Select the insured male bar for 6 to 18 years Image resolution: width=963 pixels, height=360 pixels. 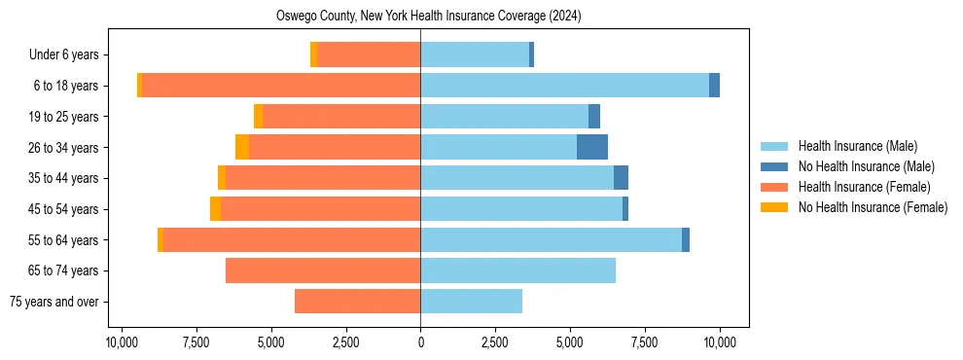(x=564, y=86)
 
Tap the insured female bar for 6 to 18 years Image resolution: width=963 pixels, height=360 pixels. (x=281, y=86)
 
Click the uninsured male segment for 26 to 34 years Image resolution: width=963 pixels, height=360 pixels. (x=592, y=147)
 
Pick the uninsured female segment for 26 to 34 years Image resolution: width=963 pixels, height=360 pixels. (x=242, y=147)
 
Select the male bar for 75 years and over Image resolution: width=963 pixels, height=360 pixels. (x=471, y=302)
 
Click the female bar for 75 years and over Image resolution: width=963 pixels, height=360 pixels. (x=357, y=302)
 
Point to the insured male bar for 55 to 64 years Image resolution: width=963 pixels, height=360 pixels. (x=551, y=239)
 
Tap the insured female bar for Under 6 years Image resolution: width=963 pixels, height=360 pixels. (x=369, y=54)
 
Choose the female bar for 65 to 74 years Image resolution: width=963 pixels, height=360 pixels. (x=323, y=270)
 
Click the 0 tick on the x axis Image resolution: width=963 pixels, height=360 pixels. (x=420, y=342)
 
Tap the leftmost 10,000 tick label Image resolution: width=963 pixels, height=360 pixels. (x=122, y=342)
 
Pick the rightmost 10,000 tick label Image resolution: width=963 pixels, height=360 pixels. (x=720, y=342)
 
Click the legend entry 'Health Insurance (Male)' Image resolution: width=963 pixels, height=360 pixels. (x=857, y=146)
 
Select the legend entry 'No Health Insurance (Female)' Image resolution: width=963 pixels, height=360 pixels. (x=873, y=207)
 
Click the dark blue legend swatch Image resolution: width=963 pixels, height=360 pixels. (x=775, y=166)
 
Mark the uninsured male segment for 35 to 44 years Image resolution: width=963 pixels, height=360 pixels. (x=621, y=178)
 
